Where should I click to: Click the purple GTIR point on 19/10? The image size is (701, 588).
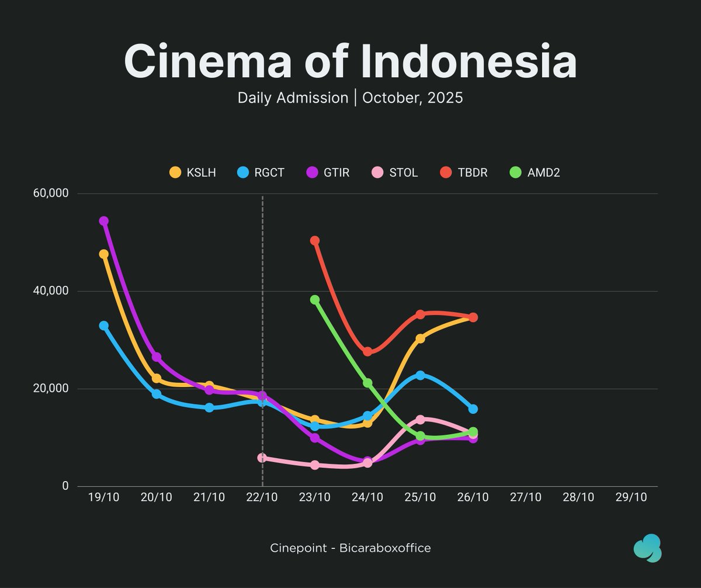(104, 221)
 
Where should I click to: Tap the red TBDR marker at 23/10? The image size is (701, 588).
(315, 241)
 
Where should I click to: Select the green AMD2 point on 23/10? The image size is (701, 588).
(315, 300)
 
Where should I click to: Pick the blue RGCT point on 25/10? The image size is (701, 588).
(420, 375)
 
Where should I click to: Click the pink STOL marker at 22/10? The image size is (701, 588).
(262, 458)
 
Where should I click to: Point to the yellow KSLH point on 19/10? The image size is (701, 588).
(104, 254)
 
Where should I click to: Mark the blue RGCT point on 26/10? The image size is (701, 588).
(473, 409)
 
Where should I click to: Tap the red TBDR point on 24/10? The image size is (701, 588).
(367, 352)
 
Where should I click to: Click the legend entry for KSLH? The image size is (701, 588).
(192, 172)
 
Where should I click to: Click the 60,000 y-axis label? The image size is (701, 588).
(53, 193)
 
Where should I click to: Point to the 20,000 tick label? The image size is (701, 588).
(53, 389)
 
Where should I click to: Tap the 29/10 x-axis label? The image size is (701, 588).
(631, 497)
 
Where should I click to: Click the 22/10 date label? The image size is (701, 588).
(262, 497)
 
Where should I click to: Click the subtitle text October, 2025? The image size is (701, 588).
(412, 98)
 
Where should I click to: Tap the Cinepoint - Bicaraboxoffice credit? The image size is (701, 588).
(350, 548)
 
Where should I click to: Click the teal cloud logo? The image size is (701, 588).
(647, 548)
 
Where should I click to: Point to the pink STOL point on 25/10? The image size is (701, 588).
(420, 420)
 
